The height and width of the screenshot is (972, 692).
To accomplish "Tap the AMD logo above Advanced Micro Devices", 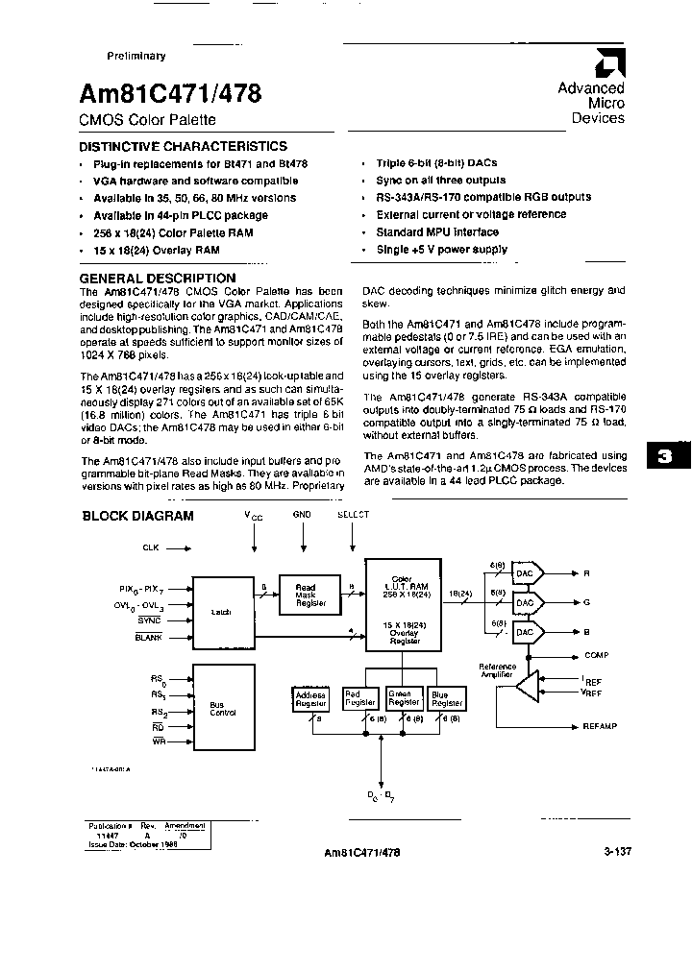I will click(x=607, y=63).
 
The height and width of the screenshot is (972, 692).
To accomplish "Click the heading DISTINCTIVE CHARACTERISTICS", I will click(x=183, y=146).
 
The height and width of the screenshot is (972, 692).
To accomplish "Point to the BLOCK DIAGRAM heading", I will click(x=137, y=516).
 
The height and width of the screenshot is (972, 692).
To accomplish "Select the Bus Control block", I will click(x=223, y=710).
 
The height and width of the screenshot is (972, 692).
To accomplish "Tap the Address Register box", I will click(x=310, y=699).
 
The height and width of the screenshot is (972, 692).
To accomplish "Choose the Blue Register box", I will click(x=447, y=699).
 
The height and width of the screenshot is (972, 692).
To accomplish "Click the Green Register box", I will click(x=401, y=699).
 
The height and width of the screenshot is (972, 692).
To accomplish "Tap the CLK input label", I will click(x=150, y=548).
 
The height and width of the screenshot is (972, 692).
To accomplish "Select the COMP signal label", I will click(x=597, y=656).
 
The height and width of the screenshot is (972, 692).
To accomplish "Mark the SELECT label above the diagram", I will click(x=353, y=515).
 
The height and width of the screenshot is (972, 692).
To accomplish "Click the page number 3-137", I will click(x=620, y=851).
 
